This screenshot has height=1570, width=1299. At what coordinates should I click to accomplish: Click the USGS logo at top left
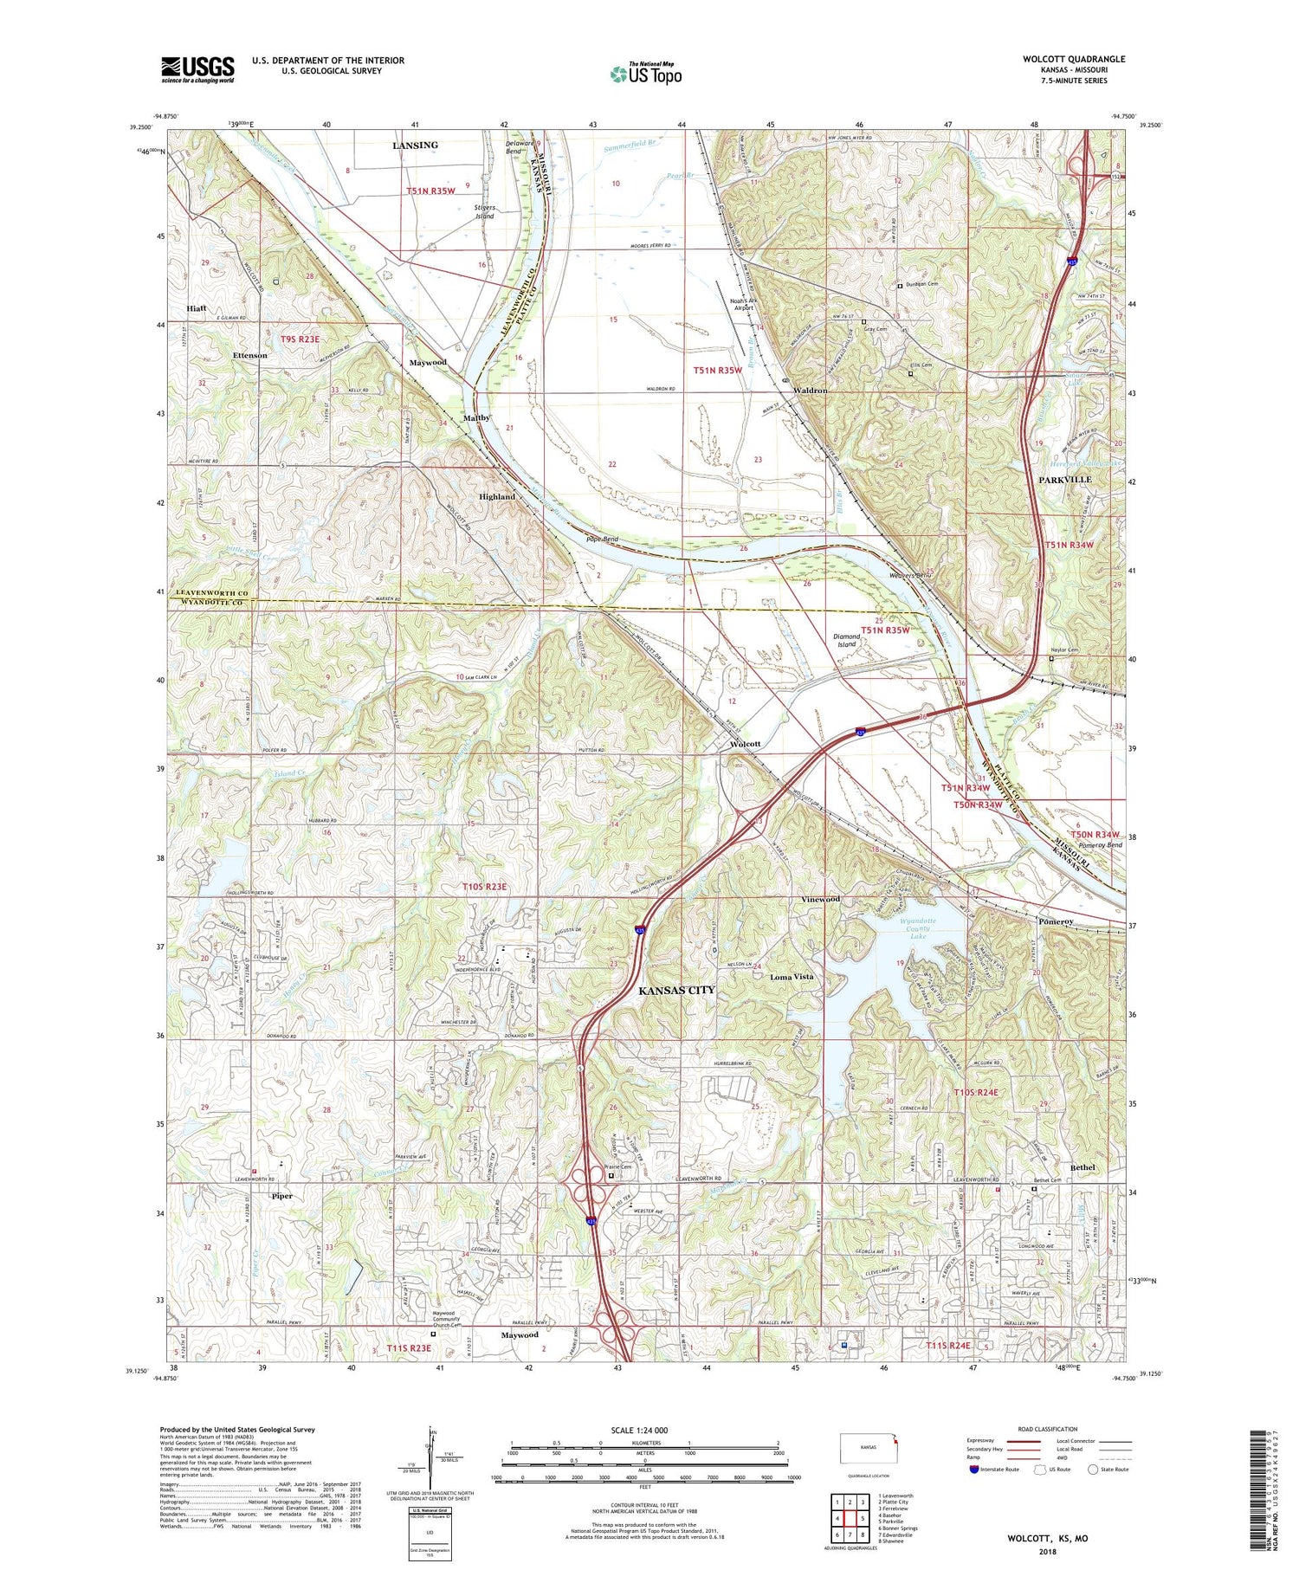(x=197, y=69)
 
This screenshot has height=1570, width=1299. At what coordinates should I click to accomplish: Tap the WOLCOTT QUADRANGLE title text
(x=1073, y=59)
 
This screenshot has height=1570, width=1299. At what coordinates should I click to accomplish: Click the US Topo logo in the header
(x=646, y=74)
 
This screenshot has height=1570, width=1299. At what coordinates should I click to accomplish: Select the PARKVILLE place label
(x=1064, y=479)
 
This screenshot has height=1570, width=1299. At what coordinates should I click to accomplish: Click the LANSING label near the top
(x=415, y=145)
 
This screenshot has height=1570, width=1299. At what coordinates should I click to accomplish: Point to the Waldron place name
(x=807, y=391)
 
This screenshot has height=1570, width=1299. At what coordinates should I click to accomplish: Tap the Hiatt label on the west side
(x=196, y=308)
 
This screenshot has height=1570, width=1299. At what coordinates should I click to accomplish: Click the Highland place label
(x=496, y=497)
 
